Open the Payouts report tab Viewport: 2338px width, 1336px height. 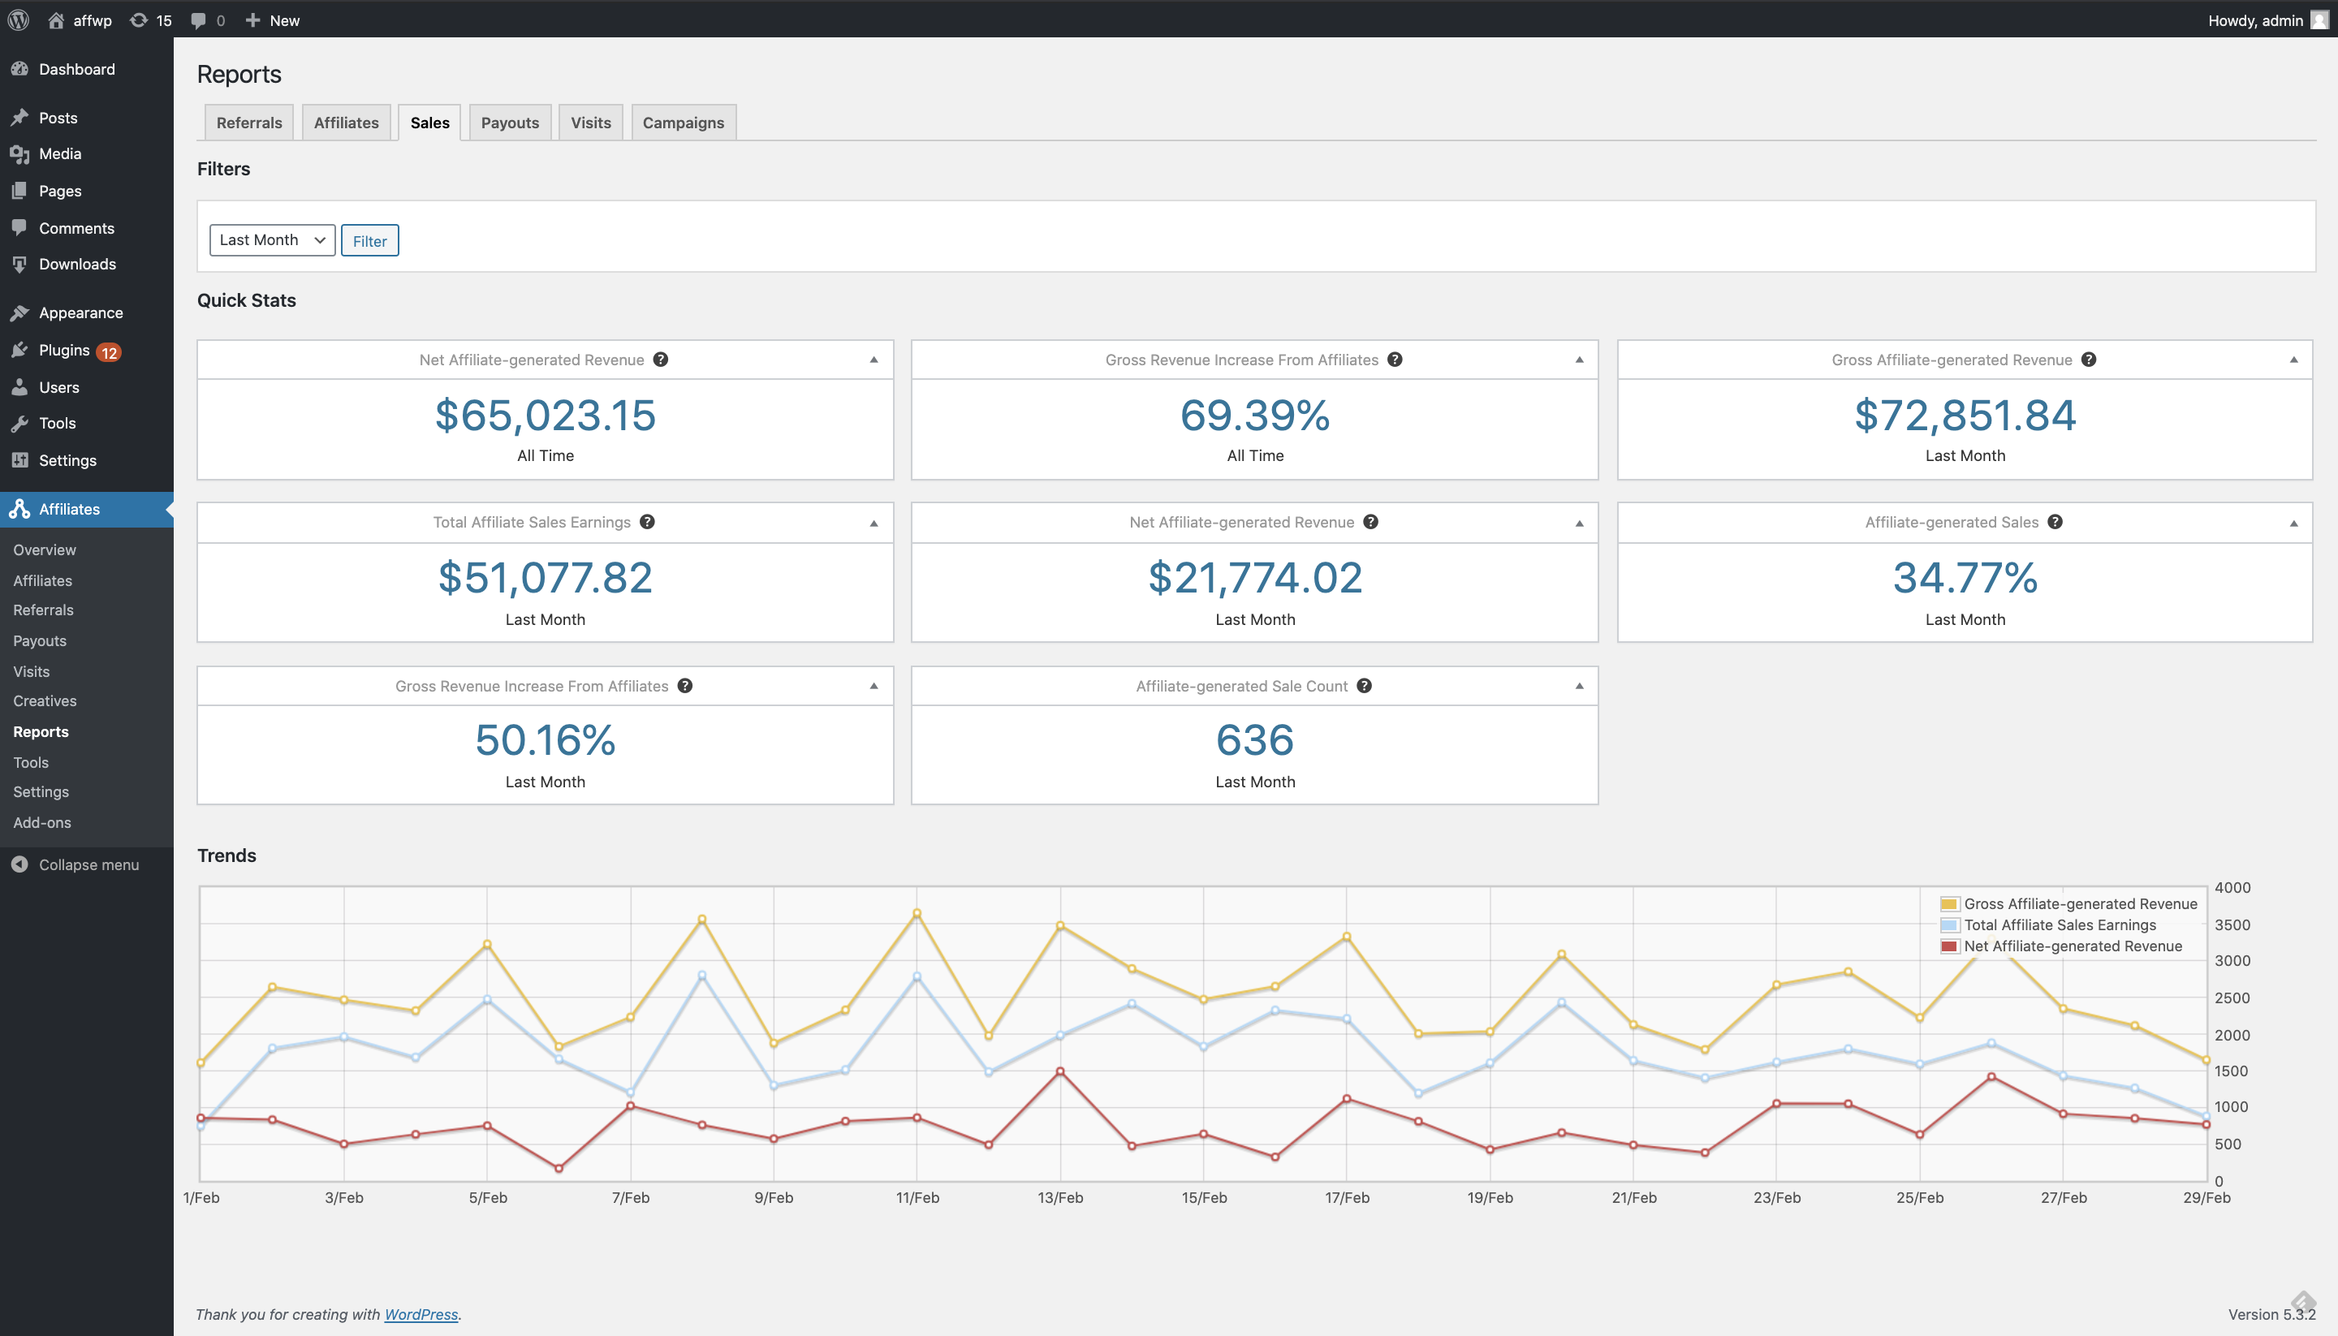[x=510, y=122]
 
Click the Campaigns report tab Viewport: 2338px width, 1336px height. [x=684, y=122]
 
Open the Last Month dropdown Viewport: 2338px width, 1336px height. [x=273, y=239]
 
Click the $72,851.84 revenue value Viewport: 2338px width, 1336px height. [x=1965, y=415]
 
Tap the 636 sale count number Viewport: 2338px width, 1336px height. [x=1254, y=739]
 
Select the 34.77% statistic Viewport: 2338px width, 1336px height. [x=1965, y=577]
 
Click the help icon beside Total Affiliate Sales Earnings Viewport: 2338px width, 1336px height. [x=647, y=521]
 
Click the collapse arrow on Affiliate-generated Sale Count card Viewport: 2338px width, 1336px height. [x=1579, y=685]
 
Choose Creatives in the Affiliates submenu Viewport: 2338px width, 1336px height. [x=45, y=701]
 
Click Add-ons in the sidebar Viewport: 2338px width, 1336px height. [x=42, y=822]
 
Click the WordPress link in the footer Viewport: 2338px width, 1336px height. [x=421, y=1314]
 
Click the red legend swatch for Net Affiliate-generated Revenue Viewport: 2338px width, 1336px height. [x=1949, y=946]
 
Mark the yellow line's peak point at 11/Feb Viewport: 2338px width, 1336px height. [x=917, y=913]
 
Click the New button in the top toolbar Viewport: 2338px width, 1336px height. [x=273, y=20]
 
